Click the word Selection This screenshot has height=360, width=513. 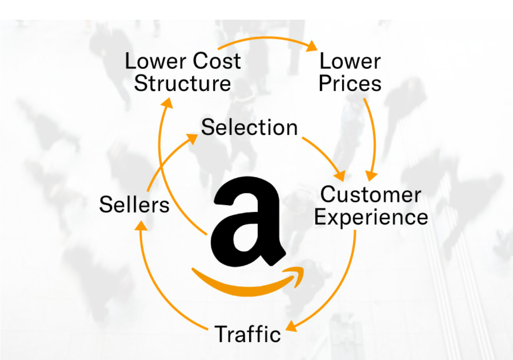[249, 127]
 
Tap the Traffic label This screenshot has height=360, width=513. [248, 334]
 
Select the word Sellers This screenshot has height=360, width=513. [134, 204]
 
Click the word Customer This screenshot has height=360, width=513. [370, 195]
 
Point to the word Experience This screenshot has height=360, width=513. [371, 217]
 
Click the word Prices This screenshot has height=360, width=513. [350, 83]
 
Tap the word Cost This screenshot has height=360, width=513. [217, 61]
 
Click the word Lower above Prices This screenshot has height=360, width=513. [350, 61]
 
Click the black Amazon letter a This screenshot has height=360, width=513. [247, 222]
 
